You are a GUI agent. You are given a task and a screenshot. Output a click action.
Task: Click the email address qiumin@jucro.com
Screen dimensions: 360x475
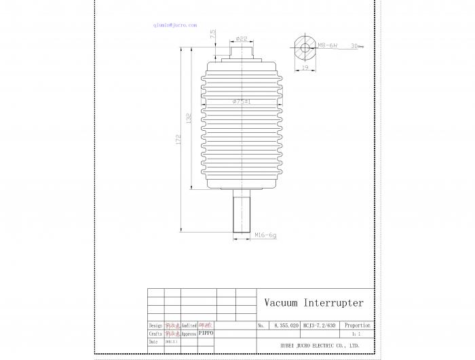tap(175, 25)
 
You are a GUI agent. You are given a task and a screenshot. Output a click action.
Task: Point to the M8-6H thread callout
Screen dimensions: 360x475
tap(328, 46)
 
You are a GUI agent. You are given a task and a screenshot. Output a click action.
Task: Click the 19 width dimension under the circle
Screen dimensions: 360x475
tap(305, 68)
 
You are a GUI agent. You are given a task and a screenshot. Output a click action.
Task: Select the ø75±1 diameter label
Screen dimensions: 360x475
tap(242, 102)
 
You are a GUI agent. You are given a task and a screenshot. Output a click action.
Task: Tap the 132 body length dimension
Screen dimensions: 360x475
tap(189, 118)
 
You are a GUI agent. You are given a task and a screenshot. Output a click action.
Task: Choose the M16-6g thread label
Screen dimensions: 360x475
tap(265, 236)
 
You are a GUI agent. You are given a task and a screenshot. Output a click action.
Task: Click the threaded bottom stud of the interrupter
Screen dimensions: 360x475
tap(242, 212)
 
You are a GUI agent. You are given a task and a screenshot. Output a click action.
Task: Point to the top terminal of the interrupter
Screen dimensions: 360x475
tap(241, 49)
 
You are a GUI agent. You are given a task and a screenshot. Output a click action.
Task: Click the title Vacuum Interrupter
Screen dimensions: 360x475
tap(313, 303)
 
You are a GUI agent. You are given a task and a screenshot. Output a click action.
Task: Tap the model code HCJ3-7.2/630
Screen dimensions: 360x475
tap(318, 326)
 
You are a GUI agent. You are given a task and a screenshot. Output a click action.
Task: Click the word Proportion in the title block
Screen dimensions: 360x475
tap(357, 326)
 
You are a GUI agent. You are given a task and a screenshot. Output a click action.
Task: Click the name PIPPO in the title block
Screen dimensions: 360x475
tap(206, 334)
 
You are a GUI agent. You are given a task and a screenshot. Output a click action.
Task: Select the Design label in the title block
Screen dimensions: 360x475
tap(155, 326)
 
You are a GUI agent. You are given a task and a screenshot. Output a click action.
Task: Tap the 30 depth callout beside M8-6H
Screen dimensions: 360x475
tap(354, 46)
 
